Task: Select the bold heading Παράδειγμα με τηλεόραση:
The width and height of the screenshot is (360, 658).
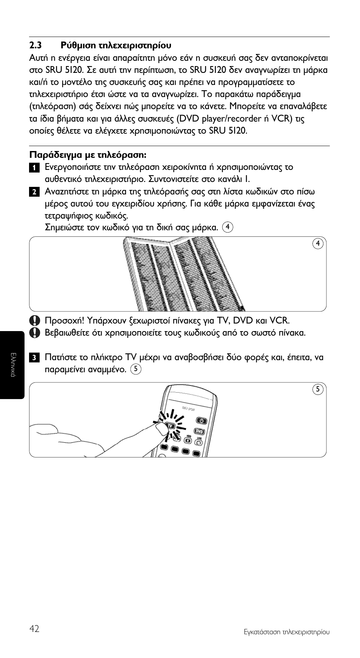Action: point(88,155)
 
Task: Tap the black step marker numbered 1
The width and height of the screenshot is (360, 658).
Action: point(34,168)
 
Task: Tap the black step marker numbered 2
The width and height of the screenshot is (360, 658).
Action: point(34,192)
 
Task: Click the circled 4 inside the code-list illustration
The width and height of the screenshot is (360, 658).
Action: point(318,243)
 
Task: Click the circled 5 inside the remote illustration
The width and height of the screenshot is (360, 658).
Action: point(318,390)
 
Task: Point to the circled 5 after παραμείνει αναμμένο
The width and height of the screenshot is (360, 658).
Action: point(135,369)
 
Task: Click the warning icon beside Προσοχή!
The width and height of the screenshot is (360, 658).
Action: point(34,321)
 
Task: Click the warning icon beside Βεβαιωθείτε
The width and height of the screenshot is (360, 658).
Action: point(34,333)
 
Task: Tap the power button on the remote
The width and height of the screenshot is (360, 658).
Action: point(202,421)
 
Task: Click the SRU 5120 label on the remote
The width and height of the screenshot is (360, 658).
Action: point(188,408)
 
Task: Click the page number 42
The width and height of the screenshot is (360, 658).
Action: point(34,629)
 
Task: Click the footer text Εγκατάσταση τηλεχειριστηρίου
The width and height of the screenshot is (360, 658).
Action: point(286,632)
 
